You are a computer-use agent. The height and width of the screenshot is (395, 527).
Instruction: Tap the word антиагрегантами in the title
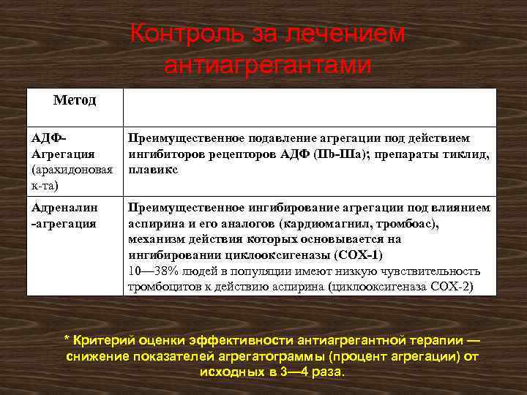click(268, 65)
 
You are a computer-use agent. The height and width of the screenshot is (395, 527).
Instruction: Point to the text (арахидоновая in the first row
click(72, 170)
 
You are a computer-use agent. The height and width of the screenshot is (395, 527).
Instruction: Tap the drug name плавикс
click(154, 170)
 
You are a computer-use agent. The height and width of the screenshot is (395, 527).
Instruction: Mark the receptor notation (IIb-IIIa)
click(333, 154)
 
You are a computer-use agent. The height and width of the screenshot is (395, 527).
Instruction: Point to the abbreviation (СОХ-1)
click(359, 255)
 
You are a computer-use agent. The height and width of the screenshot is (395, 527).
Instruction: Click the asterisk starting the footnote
click(67, 341)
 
